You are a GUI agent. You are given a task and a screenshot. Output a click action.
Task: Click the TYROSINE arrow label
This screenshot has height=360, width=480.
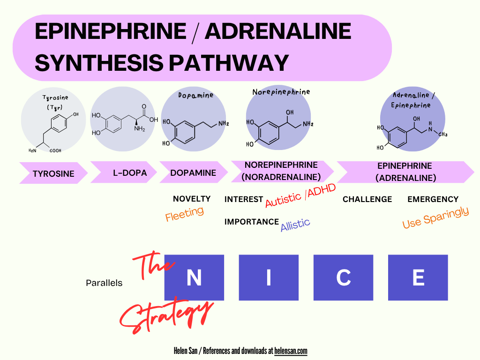pos(53,173)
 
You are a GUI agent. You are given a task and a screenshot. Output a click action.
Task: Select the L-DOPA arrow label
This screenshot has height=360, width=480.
pos(130,172)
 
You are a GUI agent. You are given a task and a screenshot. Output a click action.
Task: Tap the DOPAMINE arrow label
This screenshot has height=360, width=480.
pos(193,172)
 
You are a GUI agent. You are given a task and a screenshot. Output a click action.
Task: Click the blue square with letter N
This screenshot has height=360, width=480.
pos(194,277)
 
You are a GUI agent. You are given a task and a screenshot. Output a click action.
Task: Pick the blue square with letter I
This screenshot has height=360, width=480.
pos(269,277)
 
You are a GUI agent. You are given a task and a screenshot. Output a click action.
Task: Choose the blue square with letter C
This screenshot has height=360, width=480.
pos(343,277)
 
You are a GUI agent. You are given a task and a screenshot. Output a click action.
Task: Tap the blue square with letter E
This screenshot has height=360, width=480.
pos(418,277)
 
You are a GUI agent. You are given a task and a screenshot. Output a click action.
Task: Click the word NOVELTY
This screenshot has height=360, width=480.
pos(192,199)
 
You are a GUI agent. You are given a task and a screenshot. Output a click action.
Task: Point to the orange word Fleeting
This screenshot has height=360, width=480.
pos(184,213)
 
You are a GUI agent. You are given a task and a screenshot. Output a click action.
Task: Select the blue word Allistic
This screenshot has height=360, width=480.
pos(295,225)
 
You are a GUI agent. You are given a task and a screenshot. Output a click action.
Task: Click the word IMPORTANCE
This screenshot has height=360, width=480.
pos(252,222)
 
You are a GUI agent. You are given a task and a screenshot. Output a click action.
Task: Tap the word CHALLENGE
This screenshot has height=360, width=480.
pos(367,199)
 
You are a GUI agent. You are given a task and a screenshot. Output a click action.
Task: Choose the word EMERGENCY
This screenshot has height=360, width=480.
pos(433,199)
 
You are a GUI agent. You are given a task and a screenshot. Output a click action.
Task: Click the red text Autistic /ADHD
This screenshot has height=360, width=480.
pos(300,195)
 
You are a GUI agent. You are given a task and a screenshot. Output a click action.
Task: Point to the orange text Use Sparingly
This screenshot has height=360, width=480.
pos(435,217)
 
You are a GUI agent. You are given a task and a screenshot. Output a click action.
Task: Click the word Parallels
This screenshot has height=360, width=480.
pos(104,283)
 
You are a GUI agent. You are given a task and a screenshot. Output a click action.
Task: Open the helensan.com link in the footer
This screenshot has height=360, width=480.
pos(291,351)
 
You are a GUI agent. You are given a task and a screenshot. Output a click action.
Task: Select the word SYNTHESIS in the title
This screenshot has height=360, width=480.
pos(99,63)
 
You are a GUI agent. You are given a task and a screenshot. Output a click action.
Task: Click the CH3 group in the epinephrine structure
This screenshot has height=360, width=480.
pos(442,134)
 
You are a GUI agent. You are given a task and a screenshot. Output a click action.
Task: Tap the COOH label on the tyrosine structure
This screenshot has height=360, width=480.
pos(55,150)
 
